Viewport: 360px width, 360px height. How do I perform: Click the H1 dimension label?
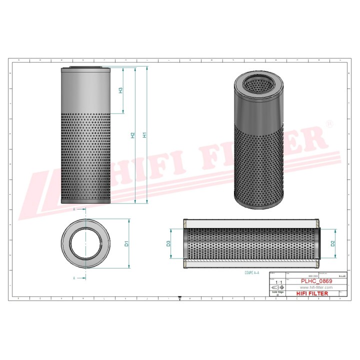point(145,135)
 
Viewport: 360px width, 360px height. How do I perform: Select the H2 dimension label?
point(132,135)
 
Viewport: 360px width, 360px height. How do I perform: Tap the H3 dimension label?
point(120,91)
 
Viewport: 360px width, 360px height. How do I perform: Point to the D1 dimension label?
point(127,243)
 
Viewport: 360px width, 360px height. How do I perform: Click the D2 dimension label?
point(332,243)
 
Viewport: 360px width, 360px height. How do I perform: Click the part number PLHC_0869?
point(316,281)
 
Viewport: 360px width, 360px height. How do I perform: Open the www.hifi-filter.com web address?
point(316,288)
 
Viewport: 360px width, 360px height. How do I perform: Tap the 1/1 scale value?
point(278,282)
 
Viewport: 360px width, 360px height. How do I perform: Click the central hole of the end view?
point(85,243)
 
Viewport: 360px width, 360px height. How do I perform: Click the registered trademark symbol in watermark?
point(328,123)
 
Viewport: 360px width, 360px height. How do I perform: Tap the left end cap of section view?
point(185,243)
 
